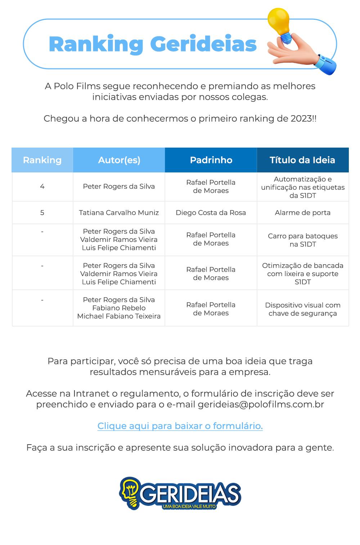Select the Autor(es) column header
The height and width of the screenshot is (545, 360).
tap(119, 160)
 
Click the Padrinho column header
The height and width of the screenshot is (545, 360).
tap(211, 160)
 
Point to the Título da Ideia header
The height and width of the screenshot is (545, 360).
tap(302, 160)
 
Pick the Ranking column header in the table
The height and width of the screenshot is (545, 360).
tap(42, 160)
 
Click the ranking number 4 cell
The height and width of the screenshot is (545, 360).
tap(42, 186)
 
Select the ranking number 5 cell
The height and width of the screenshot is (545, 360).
tap(42, 212)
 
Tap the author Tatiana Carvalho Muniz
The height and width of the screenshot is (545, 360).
tap(119, 212)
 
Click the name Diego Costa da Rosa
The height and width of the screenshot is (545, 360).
tap(211, 212)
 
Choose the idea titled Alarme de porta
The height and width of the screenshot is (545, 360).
tap(302, 212)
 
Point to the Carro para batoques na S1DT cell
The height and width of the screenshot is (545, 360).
tap(302, 240)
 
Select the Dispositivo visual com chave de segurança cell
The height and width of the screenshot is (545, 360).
tap(302, 309)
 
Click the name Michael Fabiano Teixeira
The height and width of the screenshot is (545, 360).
tap(119, 316)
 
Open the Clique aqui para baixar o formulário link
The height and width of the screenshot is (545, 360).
tap(180, 426)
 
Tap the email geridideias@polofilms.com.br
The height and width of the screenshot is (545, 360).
tap(261, 404)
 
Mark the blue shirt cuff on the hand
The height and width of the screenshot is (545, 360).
tap(326, 64)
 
